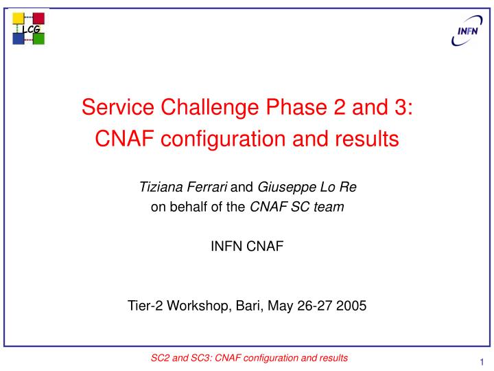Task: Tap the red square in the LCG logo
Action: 39,18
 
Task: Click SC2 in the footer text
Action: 160,358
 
